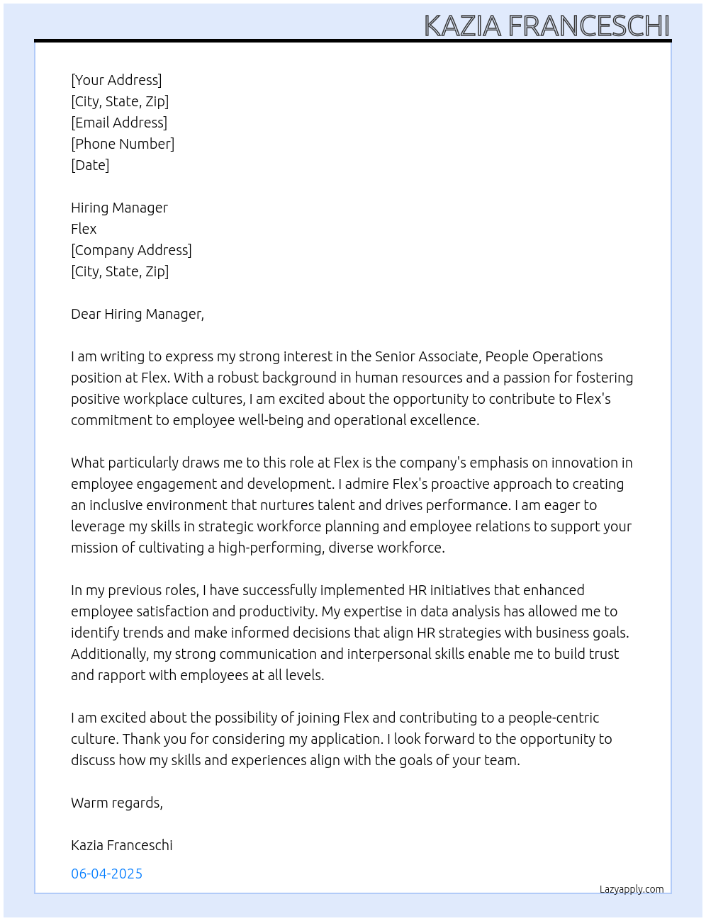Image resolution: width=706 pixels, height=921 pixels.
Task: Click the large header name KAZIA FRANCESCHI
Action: (547, 26)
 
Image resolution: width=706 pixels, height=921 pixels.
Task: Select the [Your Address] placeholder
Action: (116, 80)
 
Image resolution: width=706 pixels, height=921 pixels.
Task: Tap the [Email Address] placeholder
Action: (119, 123)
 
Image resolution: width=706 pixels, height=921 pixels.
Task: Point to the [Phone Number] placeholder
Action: (123, 144)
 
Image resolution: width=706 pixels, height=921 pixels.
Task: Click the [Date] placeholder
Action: (90, 165)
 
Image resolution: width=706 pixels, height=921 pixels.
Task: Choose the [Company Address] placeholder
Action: (131, 250)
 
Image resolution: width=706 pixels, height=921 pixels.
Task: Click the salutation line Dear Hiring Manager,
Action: (138, 314)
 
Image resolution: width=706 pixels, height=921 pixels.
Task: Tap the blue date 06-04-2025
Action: (106, 874)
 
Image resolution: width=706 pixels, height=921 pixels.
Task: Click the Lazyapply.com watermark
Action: (632, 889)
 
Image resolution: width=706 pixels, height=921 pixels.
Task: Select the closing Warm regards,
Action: (117, 803)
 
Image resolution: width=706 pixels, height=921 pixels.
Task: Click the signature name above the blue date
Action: (122, 845)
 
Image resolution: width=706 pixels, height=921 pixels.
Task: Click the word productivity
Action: (277, 611)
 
